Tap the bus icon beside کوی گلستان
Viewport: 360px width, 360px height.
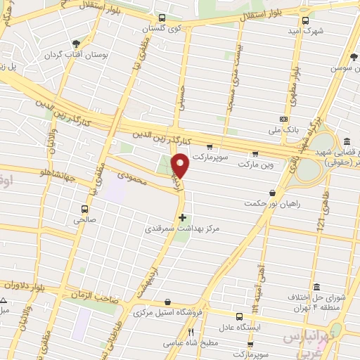pyautogui.click(x=162, y=18)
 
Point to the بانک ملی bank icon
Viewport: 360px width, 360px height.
pyautogui.click(x=283, y=119)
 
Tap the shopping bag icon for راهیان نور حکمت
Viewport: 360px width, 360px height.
pyautogui.click(x=272, y=192)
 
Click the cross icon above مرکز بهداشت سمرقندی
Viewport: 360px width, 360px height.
pyautogui.click(x=183, y=217)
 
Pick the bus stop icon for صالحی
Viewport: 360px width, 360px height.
pyautogui.click(x=85, y=209)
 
